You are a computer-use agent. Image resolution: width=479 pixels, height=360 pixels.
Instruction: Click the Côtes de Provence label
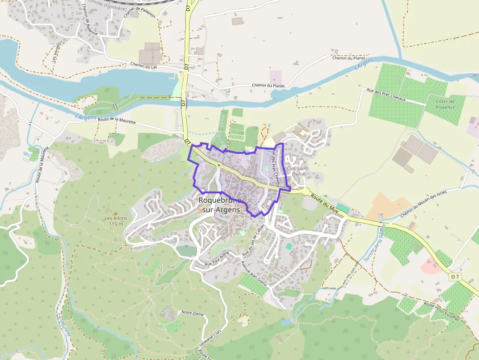(x=445, y=104)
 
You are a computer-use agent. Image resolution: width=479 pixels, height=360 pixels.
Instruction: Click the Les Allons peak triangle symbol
(x=116, y=213)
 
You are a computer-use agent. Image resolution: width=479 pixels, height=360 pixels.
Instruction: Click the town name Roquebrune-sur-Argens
(x=219, y=205)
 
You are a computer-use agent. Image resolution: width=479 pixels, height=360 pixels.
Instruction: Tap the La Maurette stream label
(x=66, y=325)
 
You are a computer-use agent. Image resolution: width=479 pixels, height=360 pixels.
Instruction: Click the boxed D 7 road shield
(x=455, y=277)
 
